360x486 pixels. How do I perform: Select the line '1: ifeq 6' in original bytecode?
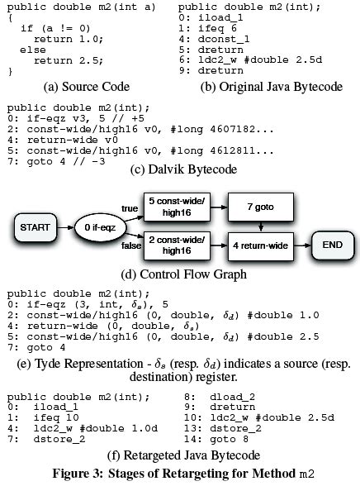click(220, 27)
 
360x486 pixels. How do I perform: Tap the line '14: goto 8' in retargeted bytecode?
click(220, 443)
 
